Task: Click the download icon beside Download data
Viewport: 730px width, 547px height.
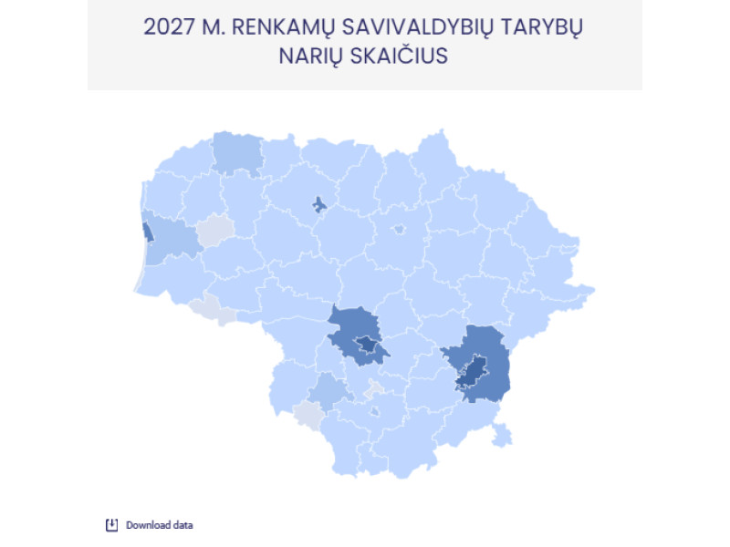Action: click(x=112, y=524)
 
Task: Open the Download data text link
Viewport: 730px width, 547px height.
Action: click(x=159, y=525)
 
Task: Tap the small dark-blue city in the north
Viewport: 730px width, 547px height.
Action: click(x=318, y=204)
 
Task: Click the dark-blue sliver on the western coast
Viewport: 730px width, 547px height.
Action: click(x=147, y=232)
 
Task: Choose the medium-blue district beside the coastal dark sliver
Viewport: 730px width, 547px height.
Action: click(x=173, y=242)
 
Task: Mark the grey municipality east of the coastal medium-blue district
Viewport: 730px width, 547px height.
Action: click(x=215, y=231)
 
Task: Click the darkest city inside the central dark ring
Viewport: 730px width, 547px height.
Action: click(x=367, y=344)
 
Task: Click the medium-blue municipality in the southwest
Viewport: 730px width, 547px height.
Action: click(x=329, y=392)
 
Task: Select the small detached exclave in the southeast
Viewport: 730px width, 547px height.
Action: click(x=500, y=435)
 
